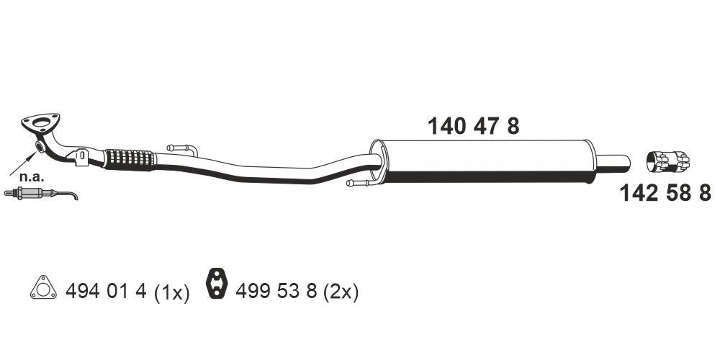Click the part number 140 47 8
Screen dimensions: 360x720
tap(473, 127)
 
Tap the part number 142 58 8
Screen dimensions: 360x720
tap(665, 193)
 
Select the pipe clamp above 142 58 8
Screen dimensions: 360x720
tap(667, 161)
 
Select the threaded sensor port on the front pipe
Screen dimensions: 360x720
tap(40, 148)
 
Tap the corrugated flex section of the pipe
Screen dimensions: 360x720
tap(130, 159)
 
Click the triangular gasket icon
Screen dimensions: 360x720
tap(43, 289)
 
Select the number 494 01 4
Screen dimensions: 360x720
tap(106, 292)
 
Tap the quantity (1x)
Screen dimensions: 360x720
tap(171, 292)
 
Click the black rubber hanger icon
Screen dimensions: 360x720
tap(217, 284)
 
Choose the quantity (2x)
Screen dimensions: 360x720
tap(341, 292)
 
